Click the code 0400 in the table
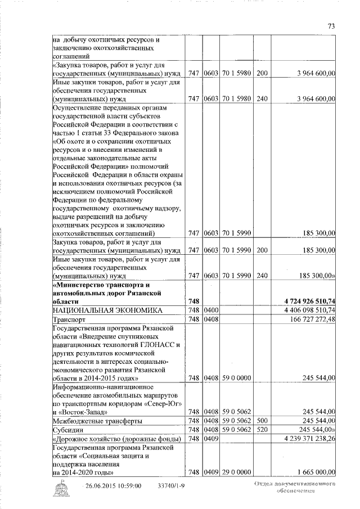(210, 310)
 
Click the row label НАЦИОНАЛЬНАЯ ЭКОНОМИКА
(107, 310)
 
